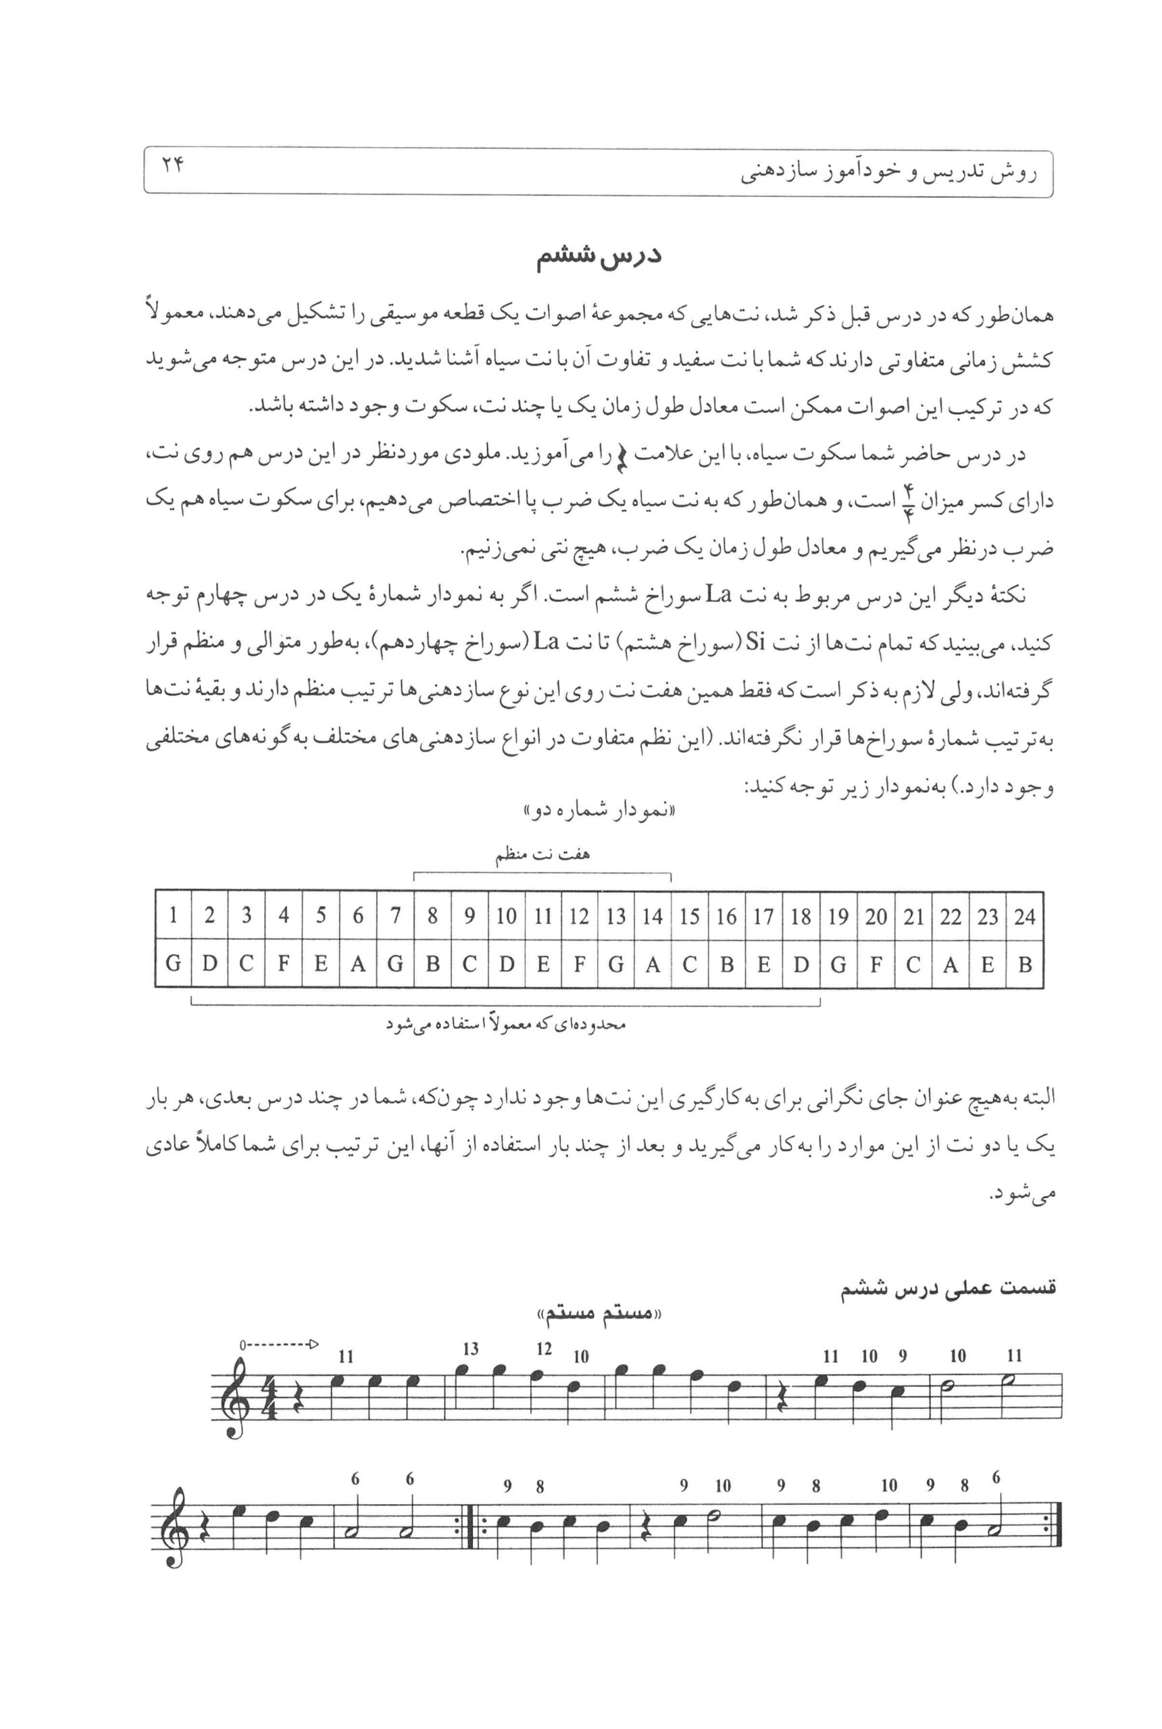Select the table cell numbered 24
[1024, 917]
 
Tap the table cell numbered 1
[173, 917]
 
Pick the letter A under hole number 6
[358, 964]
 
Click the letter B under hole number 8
[432, 964]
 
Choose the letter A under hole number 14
[653, 964]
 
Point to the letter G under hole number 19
[838, 964]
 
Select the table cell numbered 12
[579, 917]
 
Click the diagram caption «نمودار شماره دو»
[598, 810]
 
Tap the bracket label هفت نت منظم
[542, 855]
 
